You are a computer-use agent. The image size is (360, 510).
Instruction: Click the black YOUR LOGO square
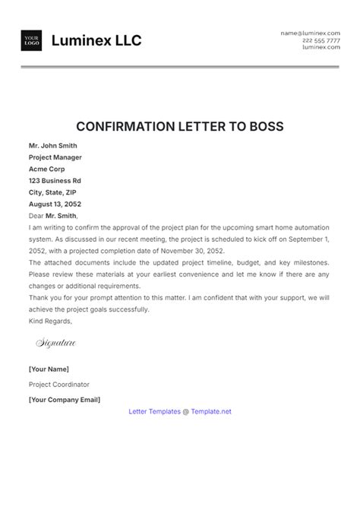click(x=32, y=41)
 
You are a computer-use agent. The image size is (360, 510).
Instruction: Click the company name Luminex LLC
click(x=96, y=41)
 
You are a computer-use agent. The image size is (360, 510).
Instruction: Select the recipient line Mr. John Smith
click(x=53, y=144)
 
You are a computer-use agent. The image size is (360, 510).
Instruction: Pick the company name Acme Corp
click(x=49, y=169)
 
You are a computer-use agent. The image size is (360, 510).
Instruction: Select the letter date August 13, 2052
click(x=55, y=205)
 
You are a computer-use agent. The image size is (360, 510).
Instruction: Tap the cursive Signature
click(x=56, y=344)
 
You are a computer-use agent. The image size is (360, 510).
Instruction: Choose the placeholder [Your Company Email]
click(x=65, y=398)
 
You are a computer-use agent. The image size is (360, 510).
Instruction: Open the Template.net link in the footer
click(x=207, y=411)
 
